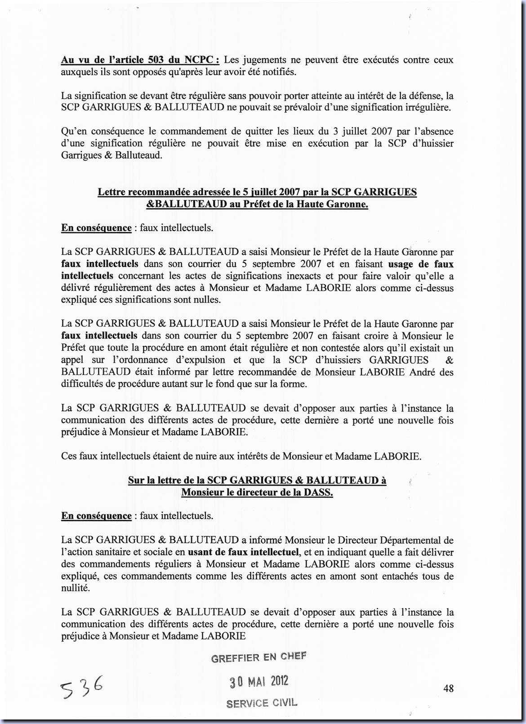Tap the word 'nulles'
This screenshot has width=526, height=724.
point(206,300)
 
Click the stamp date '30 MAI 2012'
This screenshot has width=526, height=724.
point(259,682)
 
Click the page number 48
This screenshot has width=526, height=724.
point(448,688)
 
